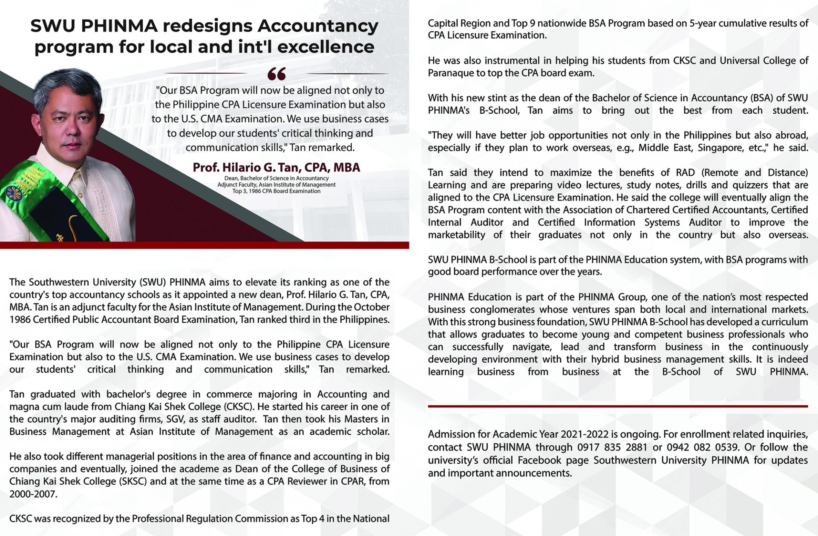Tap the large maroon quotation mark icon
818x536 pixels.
tap(277, 75)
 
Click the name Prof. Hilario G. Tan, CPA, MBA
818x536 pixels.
tap(277, 167)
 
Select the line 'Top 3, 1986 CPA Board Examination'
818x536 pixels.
tap(277, 191)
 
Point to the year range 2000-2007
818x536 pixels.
tap(33, 494)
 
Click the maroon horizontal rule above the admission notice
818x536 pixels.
tap(618, 407)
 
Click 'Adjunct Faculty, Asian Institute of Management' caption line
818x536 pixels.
tap(277, 185)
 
